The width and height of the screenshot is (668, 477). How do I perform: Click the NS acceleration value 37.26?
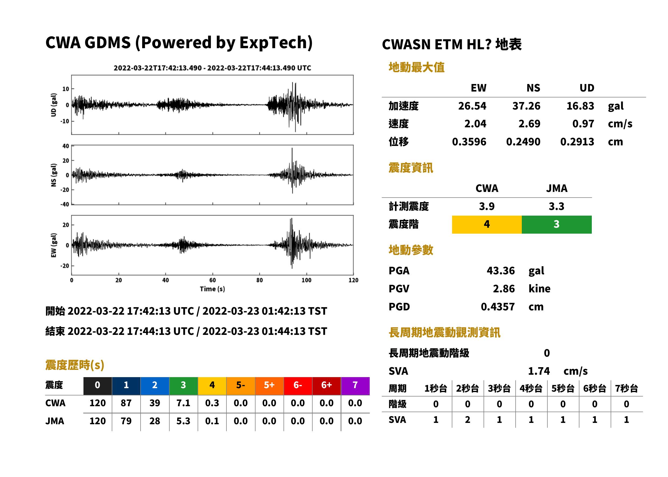(x=526, y=106)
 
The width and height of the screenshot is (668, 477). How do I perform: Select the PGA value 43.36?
(x=501, y=271)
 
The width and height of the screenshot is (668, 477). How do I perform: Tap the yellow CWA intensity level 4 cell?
(x=487, y=225)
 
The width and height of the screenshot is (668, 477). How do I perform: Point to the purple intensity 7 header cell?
(x=355, y=386)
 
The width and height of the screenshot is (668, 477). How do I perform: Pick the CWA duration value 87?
(x=126, y=403)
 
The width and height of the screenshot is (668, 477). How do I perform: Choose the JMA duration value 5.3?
(x=183, y=421)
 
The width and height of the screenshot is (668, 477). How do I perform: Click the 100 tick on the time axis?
(x=306, y=280)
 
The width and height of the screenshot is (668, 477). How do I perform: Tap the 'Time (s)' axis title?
(x=212, y=289)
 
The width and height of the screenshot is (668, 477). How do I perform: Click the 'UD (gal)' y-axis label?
(x=54, y=105)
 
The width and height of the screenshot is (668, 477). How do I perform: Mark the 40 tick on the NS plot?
(x=66, y=146)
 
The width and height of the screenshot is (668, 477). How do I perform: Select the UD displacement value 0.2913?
(x=577, y=142)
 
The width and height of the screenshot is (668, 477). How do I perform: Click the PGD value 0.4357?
(x=498, y=307)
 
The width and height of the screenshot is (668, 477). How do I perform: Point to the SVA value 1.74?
(x=539, y=371)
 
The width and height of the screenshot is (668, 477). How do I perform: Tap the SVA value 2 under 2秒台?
(x=468, y=420)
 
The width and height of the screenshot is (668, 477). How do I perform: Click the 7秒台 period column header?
(x=627, y=389)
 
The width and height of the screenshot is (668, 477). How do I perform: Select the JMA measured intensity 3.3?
(x=556, y=206)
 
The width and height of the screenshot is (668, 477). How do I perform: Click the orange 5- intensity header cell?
(x=241, y=386)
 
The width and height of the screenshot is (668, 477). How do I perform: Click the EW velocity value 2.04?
(x=475, y=124)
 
